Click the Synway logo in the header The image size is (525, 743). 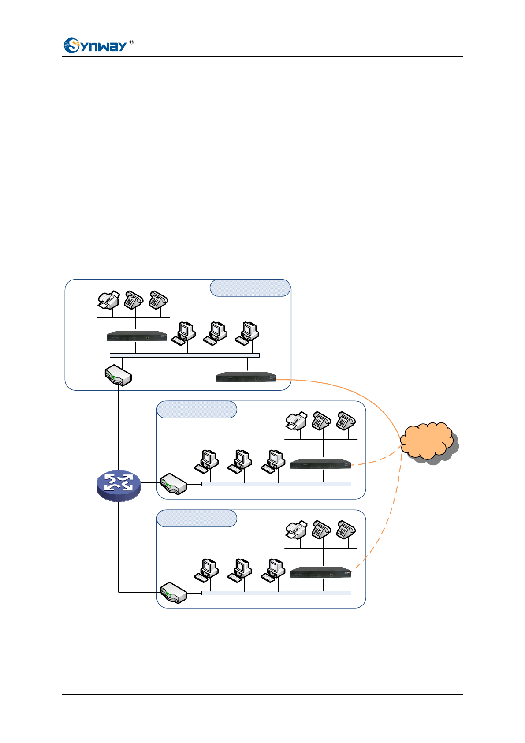96,45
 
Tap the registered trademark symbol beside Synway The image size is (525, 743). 132,42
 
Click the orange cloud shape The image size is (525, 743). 429,443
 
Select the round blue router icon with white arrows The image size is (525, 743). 119,485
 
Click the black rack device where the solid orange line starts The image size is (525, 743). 246,377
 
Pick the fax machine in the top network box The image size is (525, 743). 108,300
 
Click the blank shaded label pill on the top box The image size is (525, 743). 250,287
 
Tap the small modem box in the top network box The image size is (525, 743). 119,375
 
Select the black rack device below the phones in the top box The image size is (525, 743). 137,336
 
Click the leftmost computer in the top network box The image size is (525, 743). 183,333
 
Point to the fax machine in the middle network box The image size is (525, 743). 296,421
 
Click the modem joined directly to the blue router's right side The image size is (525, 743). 174,484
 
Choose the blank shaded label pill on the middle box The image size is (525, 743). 197,410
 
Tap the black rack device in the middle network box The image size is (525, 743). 320,464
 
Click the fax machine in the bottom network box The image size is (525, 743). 296,530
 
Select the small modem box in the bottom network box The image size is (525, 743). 174,593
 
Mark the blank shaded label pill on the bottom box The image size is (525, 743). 197,519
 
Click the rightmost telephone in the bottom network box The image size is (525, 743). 346,530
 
